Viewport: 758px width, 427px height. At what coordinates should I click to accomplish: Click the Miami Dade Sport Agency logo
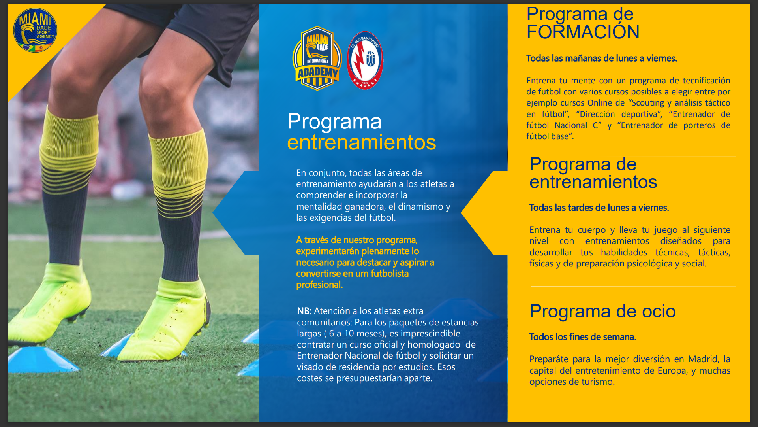pos(35,30)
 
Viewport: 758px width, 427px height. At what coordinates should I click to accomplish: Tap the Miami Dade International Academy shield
pos(317,59)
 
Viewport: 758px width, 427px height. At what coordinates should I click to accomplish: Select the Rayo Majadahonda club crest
pos(365,60)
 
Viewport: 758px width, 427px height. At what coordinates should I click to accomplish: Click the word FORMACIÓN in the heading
pos(583,32)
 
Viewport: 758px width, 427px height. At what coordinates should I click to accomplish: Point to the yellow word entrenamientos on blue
pos(362,142)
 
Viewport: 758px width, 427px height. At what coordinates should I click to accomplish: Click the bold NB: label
pos(304,311)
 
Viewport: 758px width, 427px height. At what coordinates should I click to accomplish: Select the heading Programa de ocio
pos(602,311)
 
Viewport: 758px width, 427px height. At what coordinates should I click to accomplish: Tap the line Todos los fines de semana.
pos(583,337)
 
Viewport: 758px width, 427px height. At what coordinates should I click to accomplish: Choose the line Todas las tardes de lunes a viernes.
pos(599,208)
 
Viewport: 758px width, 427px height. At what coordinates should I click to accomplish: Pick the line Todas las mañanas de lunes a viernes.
pos(602,58)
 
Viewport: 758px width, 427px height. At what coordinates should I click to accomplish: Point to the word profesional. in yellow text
pos(319,285)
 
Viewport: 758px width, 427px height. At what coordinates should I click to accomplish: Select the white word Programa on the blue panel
pos(334,122)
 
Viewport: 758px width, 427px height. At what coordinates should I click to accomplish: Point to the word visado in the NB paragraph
pos(309,367)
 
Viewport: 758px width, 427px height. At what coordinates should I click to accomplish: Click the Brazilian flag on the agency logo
pos(29,48)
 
